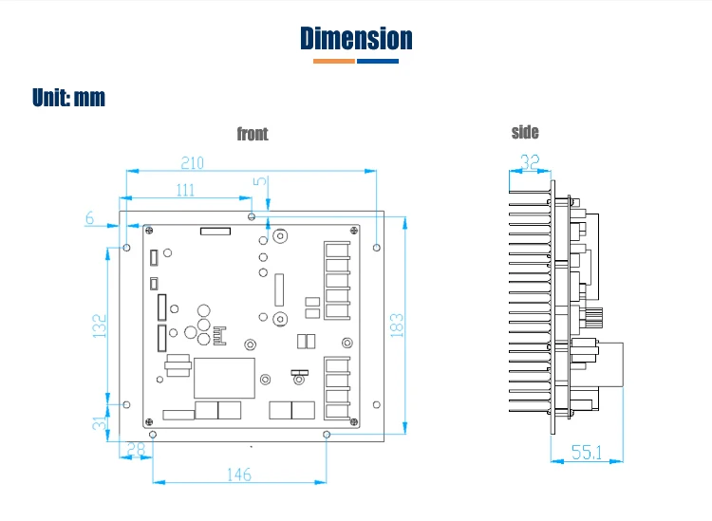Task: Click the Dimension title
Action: pos(356,38)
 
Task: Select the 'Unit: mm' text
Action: pos(68,98)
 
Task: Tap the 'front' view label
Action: pos(253,134)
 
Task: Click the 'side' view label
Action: pos(525,132)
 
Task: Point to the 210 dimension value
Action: pos(193,162)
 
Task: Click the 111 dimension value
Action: pos(185,190)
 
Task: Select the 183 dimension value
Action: pos(397,325)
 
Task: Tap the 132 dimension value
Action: pos(100,326)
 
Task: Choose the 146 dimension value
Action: pos(239,474)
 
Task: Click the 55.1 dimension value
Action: pos(587,453)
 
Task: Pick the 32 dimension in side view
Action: pos(532,162)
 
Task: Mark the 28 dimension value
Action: pos(136,450)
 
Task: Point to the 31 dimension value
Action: pos(100,421)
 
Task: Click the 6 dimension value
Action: pos(90,218)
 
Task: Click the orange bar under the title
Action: pos(333,62)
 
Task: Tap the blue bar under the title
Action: pos(378,62)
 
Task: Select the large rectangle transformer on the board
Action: pos(224,378)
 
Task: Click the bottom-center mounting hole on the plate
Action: pos(327,434)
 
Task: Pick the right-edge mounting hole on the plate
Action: pos(377,248)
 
